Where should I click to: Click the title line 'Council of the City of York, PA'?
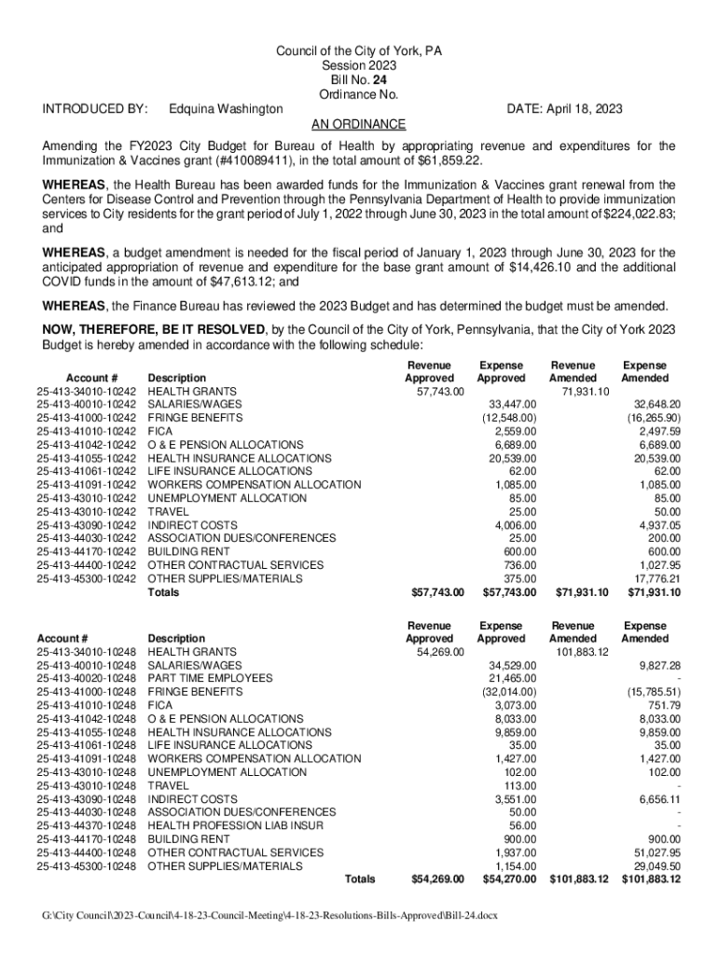(x=359, y=51)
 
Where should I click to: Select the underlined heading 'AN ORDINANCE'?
(x=359, y=124)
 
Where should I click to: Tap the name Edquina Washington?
(x=226, y=109)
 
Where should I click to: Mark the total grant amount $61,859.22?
(x=449, y=160)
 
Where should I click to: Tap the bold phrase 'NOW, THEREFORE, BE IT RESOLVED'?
(x=154, y=329)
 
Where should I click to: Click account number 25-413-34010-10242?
(x=87, y=391)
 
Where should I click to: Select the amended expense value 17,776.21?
(x=656, y=578)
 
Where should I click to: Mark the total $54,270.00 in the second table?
(x=509, y=879)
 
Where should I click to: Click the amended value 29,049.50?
(x=656, y=865)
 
